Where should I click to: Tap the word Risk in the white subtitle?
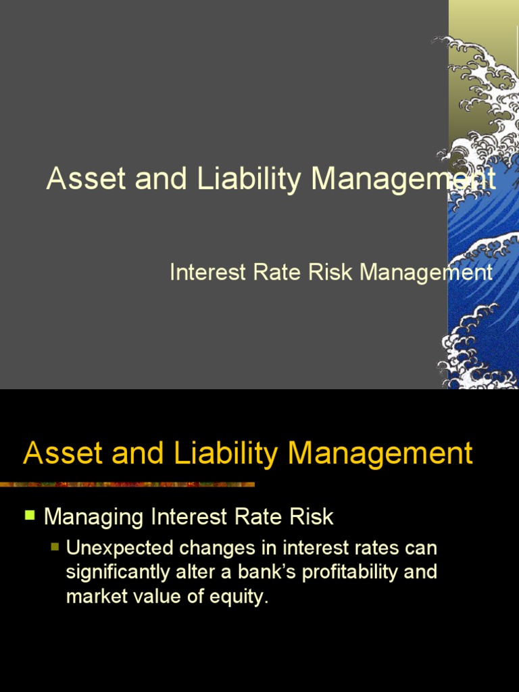pos(332,272)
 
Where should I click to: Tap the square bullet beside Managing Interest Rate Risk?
pos(29,516)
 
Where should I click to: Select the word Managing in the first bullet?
pos(95,518)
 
